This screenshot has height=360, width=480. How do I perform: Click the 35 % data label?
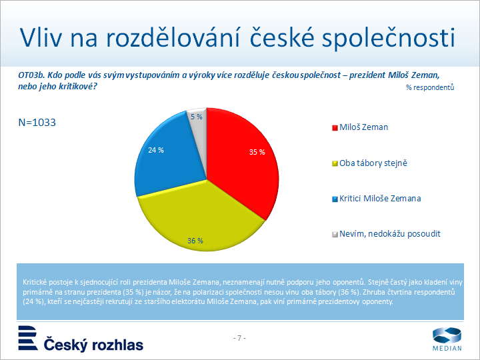point(257,152)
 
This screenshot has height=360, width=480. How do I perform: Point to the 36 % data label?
point(195,241)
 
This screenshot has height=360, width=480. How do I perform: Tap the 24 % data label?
point(156,151)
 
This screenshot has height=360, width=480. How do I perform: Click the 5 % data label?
point(197,116)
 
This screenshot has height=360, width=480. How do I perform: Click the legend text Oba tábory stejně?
point(373,163)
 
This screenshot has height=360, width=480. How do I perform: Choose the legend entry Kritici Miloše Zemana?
point(380,198)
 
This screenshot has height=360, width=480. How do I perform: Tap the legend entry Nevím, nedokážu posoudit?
point(390,233)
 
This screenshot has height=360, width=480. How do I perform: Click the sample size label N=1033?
point(37,123)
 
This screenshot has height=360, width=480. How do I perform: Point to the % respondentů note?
point(430,87)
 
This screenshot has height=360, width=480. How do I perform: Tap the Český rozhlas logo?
point(80,339)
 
